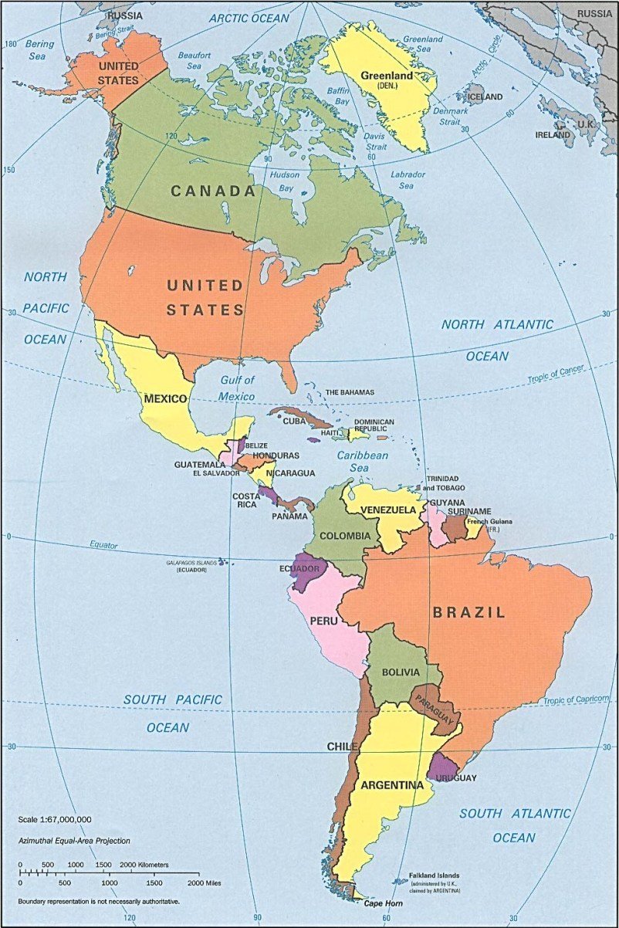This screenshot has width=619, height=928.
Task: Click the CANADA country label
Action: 213,191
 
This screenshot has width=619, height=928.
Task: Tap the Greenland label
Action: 386,76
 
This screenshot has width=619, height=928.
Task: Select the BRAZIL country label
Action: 468,613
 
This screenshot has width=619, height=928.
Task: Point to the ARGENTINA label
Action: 391,785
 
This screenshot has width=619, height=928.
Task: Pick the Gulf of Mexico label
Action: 237,388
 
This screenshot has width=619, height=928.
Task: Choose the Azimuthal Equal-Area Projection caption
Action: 75,841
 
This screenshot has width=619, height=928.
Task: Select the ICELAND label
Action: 485,97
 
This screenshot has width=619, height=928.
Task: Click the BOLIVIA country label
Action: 400,672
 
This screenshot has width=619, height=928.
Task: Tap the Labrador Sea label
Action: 408,180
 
